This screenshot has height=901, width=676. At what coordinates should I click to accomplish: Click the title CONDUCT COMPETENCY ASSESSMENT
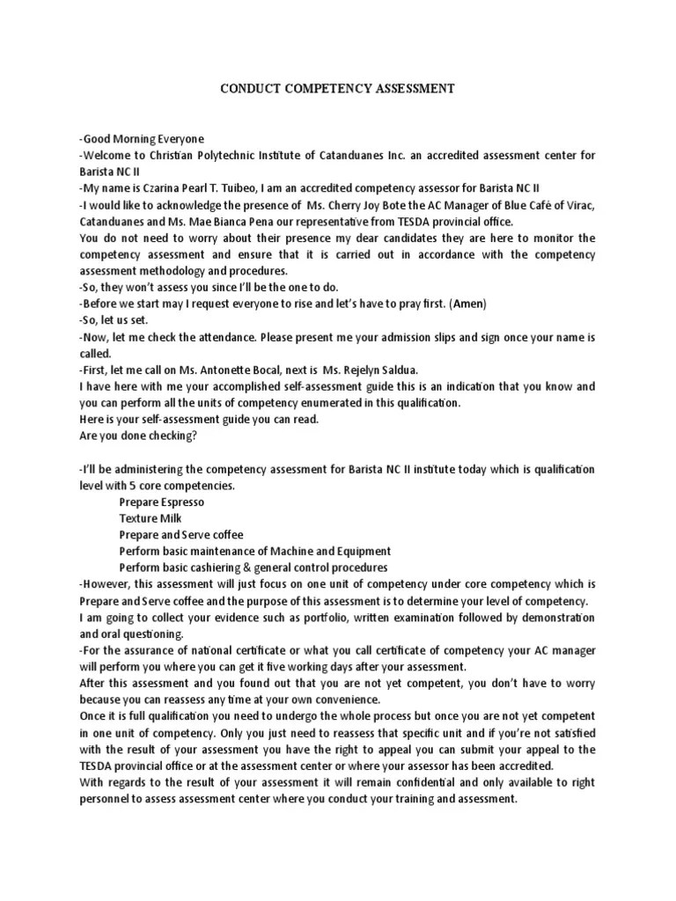pos(337,89)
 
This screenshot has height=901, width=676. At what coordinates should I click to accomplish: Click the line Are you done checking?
pos(138,436)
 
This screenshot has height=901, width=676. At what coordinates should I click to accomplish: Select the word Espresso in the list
pos(181,502)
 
